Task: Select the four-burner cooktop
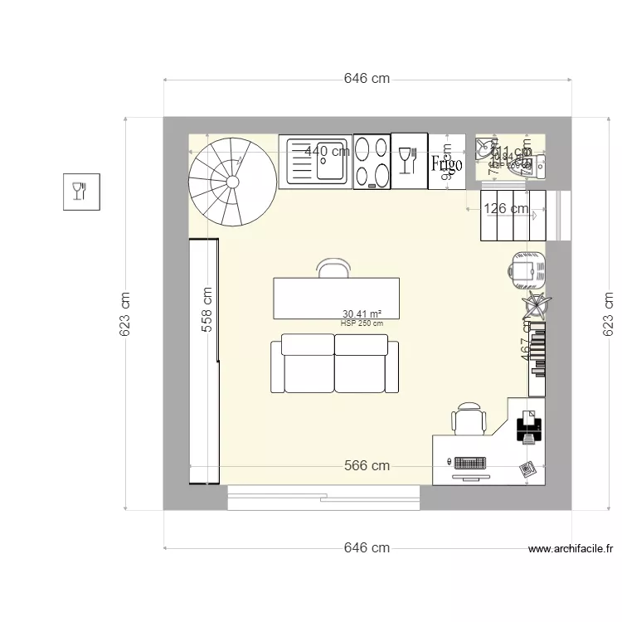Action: coord(372,162)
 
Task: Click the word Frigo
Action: coord(445,163)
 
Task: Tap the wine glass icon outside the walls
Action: coord(80,192)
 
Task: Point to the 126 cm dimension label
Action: coord(506,209)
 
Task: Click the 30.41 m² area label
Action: coord(362,314)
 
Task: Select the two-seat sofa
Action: coord(334,363)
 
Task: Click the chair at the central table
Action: coord(333,268)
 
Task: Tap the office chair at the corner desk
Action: coord(469,418)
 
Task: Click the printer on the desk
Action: coord(529,427)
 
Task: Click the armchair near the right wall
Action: coord(526,269)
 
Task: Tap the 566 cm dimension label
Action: coord(367,466)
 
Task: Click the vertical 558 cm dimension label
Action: coord(207,309)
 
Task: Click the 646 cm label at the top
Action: coord(367,80)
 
